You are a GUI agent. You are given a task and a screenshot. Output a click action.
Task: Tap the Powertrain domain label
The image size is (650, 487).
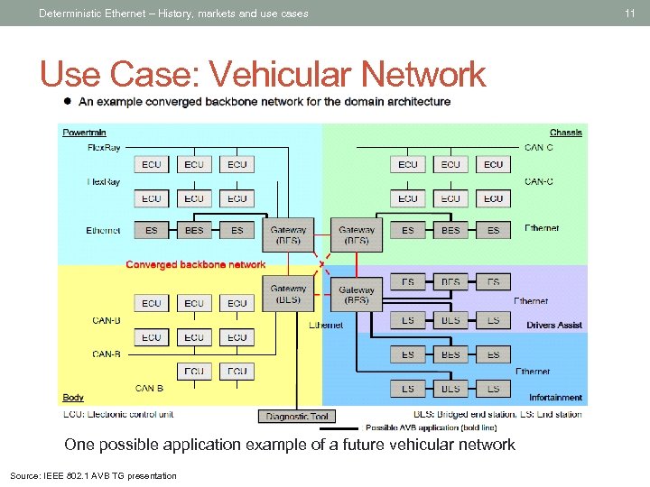click(84, 133)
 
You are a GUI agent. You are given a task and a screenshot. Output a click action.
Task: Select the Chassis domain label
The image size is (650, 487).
click(566, 133)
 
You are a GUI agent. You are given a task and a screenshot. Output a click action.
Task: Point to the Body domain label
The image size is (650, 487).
click(73, 397)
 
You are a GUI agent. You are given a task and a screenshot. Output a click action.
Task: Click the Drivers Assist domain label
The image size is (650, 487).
click(554, 325)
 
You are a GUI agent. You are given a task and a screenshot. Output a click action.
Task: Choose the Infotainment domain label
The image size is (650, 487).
click(555, 397)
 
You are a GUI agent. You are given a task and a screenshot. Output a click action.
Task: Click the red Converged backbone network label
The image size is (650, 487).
click(196, 264)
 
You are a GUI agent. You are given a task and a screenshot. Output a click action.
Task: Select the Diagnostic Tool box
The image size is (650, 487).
click(295, 416)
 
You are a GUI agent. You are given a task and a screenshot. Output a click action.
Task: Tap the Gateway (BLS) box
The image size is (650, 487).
click(288, 294)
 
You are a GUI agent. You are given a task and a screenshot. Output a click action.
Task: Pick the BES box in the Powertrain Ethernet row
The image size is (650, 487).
click(194, 231)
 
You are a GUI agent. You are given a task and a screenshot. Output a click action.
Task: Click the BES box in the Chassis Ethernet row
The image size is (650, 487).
click(450, 231)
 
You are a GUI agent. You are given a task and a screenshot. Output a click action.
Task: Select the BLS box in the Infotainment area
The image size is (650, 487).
click(450, 389)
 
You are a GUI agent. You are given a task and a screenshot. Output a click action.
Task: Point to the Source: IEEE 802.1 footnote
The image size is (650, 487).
click(93, 475)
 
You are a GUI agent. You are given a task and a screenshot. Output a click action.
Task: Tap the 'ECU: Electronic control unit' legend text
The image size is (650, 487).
click(117, 415)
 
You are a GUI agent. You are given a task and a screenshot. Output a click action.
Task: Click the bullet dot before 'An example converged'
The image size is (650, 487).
click(67, 102)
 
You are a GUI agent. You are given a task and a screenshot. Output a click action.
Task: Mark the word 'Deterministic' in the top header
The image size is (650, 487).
click(70, 13)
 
